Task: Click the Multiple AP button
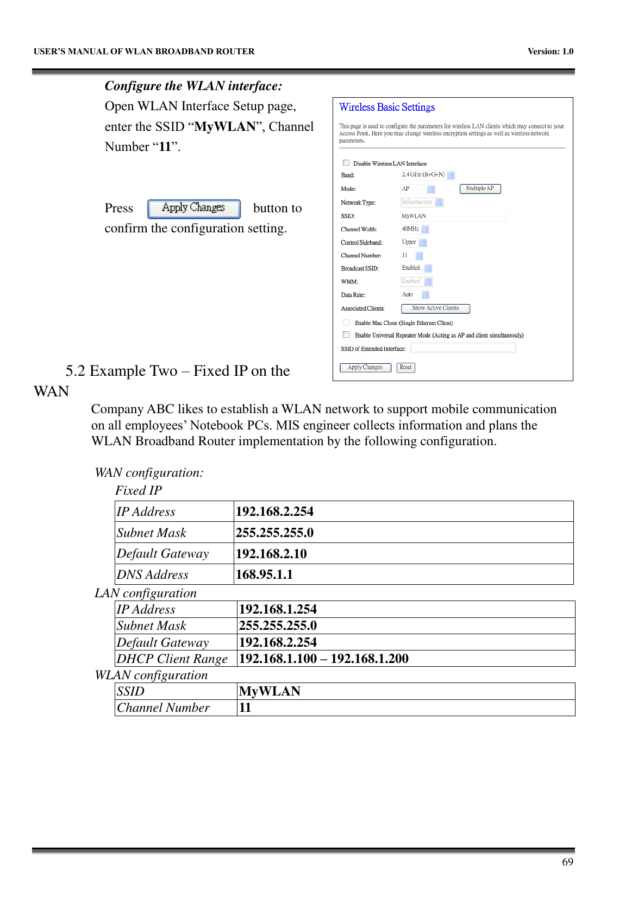coord(480,188)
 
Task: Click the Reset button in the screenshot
coord(405,368)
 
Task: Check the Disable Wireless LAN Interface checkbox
coord(346,163)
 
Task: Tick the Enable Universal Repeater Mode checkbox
coord(346,335)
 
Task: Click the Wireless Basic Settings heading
coord(387,108)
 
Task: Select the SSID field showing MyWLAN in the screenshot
coord(452,216)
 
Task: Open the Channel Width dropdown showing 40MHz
coord(415,229)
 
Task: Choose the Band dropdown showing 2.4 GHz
coord(428,175)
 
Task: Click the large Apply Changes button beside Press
coord(194,208)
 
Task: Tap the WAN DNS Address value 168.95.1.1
coord(264,574)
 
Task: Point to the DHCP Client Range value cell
coord(323,659)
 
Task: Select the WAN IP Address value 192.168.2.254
coord(274,511)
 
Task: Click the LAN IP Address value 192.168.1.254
coord(278,609)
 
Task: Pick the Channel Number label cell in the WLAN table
coord(164,708)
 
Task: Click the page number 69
coord(567,862)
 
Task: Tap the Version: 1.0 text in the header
coord(550,52)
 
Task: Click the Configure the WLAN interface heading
coord(193,86)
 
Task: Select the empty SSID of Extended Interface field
coord(463,348)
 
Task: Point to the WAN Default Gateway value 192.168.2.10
coord(271,554)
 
